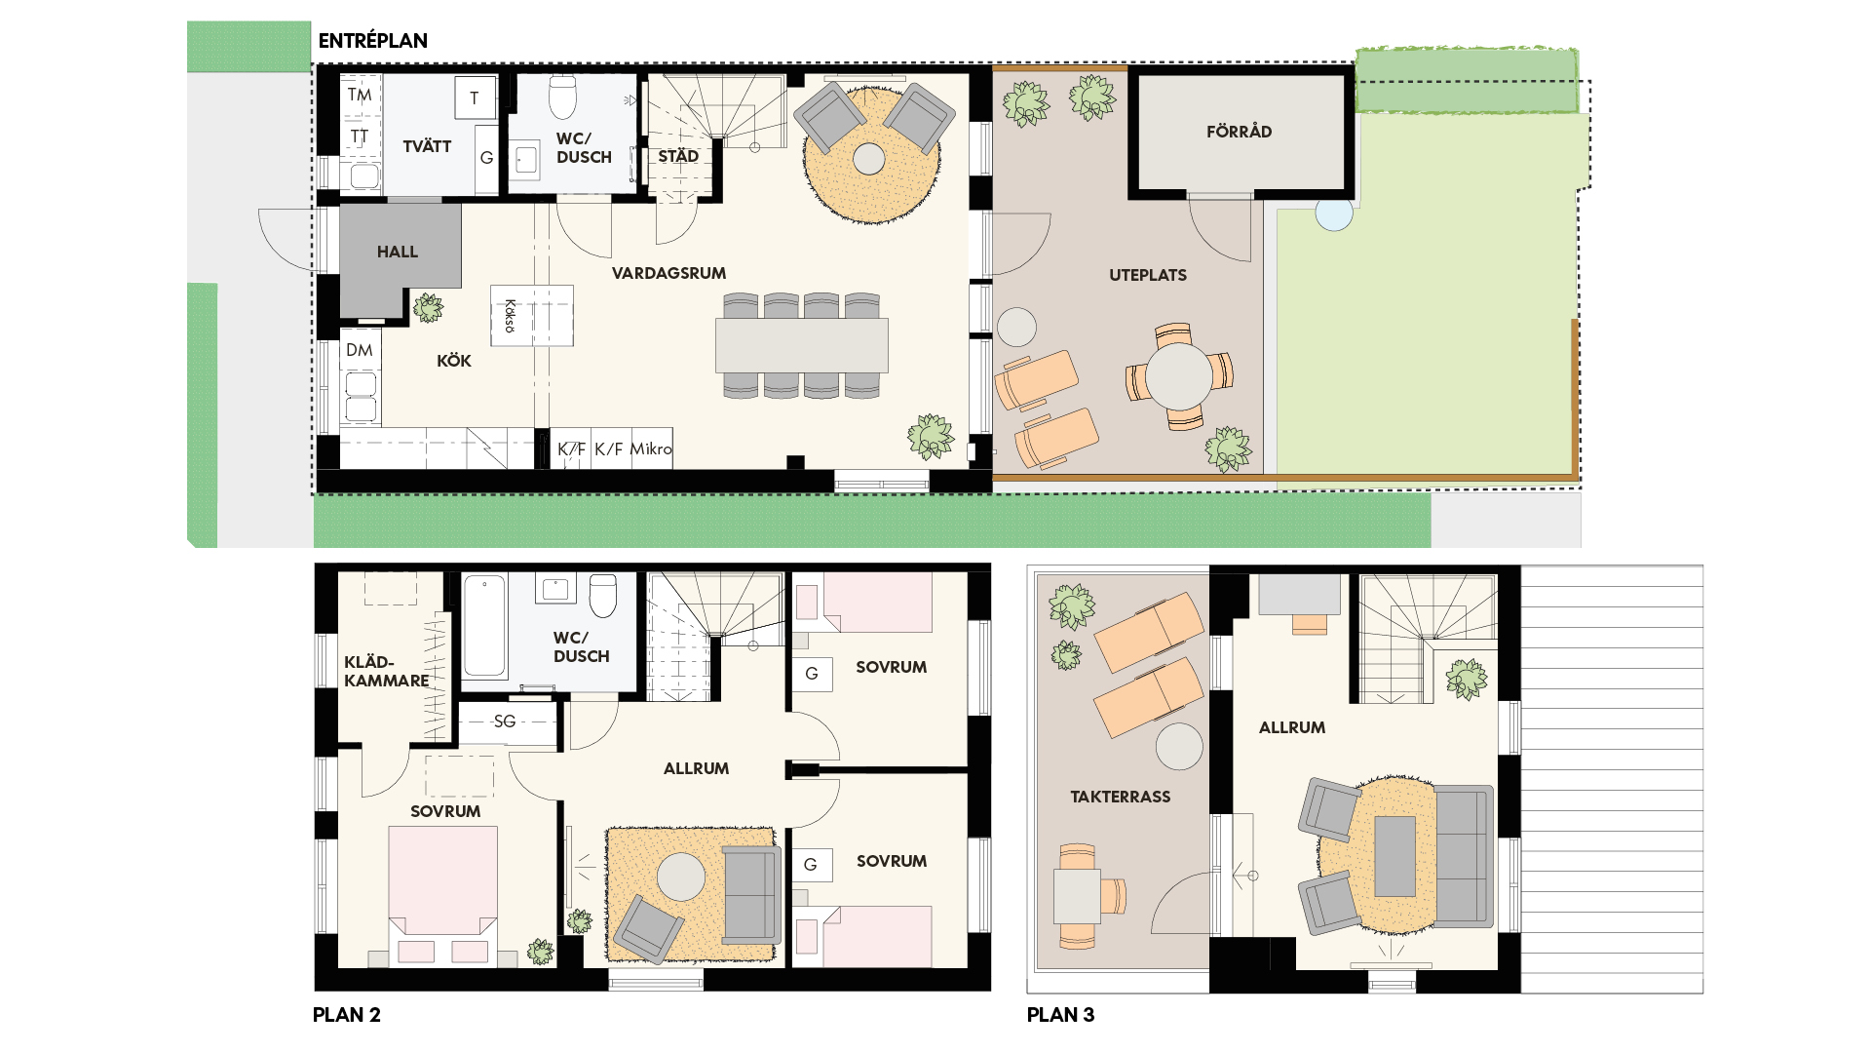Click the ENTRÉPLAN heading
pos(373,41)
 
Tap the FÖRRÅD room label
pos(1239,132)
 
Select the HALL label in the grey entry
pos(398,252)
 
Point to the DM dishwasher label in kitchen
pos(359,350)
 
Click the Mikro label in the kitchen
pos(651,448)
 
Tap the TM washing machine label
pos(360,95)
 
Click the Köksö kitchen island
pos(532,315)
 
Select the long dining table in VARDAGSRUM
pos(802,345)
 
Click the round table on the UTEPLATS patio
pos(1179,376)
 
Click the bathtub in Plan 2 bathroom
pos(484,625)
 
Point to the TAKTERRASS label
pos(1121,797)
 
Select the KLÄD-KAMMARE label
pos(387,671)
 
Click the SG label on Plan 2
pos(505,721)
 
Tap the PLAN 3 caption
pos(1060,1015)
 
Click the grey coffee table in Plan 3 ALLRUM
pos(1394,856)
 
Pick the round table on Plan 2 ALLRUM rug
pos(681,877)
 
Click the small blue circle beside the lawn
pos(1334,213)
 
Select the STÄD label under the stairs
pos(678,156)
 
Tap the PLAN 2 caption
pos(347,1015)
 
